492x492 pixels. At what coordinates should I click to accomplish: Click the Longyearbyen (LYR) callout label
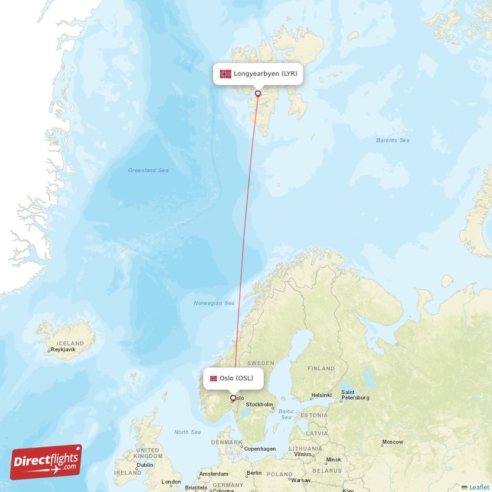pos(259,74)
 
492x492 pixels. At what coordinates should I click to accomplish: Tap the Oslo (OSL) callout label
pos(234,378)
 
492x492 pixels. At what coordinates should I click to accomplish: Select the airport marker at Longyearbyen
pos(258,94)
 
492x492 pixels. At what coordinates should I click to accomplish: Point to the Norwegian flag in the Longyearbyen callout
pos(225,74)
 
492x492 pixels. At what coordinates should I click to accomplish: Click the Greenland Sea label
pos(148,170)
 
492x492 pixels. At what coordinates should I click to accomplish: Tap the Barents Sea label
pos(392,140)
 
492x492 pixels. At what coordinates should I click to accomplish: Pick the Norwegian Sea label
pos(214,303)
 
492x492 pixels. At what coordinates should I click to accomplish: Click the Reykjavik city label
pos(63,349)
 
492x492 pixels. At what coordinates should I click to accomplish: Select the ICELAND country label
pos(69,343)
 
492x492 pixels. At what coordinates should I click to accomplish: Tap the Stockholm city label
pos(259,405)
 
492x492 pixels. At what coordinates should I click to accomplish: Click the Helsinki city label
pos(322,395)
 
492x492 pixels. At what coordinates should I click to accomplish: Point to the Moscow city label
pos(392,442)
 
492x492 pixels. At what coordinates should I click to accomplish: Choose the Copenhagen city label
pos(260,449)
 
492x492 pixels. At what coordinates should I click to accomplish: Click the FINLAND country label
pos(321,369)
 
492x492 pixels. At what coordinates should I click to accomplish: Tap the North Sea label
pos(187,432)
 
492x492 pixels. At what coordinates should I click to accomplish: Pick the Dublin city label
pos(146,465)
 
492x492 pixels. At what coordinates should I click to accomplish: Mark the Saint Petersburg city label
pos(355,395)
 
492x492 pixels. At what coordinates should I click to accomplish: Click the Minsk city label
pos(334,459)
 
